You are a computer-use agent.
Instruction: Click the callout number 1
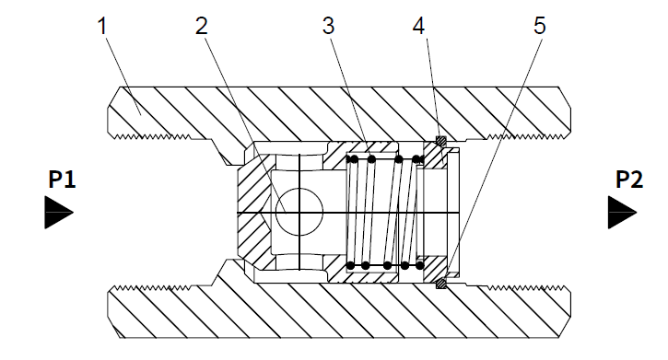pos(102,26)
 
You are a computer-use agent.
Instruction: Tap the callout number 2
pos(202,26)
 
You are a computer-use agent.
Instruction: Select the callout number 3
pos(328,26)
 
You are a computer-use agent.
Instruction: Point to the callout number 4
pos(419,26)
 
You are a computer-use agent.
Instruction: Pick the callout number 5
pos(539,26)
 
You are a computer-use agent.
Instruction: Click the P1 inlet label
pos(63,180)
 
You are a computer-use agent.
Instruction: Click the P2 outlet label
pos(629,180)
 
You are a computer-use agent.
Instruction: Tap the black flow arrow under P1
pos(59,213)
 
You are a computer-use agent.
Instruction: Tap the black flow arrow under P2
pos(622,213)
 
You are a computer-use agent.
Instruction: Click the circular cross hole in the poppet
pos(299,212)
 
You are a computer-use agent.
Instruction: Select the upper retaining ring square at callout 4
pos(441,141)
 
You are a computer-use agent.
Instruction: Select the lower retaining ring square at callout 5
pos(441,284)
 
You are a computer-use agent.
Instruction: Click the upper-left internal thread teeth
pos(153,136)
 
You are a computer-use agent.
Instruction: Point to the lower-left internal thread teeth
pos(153,288)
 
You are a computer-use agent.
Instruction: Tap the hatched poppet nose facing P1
pos(253,212)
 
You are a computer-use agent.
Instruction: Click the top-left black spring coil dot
pos(353,159)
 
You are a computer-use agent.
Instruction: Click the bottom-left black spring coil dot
pos(351,265)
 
